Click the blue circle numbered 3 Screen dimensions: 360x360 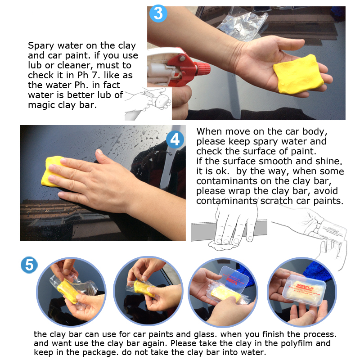(x=158, y=13)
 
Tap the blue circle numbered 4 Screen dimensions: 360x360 (x=175, y=139)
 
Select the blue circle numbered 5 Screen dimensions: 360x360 (x=29, y=265)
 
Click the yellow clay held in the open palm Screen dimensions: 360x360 (x=298, y=75)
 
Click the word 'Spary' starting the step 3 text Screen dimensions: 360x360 (x=41, y=46)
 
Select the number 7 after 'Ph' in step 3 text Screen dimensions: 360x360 (x=97, y=75)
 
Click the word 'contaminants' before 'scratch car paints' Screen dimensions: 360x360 (x=226, y=201)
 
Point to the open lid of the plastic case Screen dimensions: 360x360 (x=234, y=279)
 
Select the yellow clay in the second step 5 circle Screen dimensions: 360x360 (x=144, y=288)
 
